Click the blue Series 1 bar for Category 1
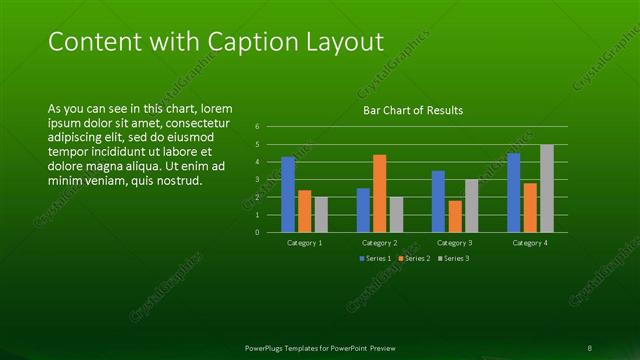pos(288,194)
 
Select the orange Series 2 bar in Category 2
pos(379,193)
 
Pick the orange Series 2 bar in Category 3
pos(455,216)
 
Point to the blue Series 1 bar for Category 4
pos(514,192)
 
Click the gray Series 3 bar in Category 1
pos(320,214)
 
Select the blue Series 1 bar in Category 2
pos(363,210)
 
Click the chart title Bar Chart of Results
pos(412,110)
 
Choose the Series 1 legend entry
pos(376,258)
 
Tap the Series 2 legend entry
pos(415,258)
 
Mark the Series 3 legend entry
pos(452,258)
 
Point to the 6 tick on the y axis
pos(257,127)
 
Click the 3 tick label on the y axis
pos(257,180)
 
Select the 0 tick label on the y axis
pos(257,232)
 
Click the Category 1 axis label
pos(304,243)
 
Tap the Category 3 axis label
pos(455,243)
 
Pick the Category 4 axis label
pos(530,243)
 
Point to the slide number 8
pos(590,347)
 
